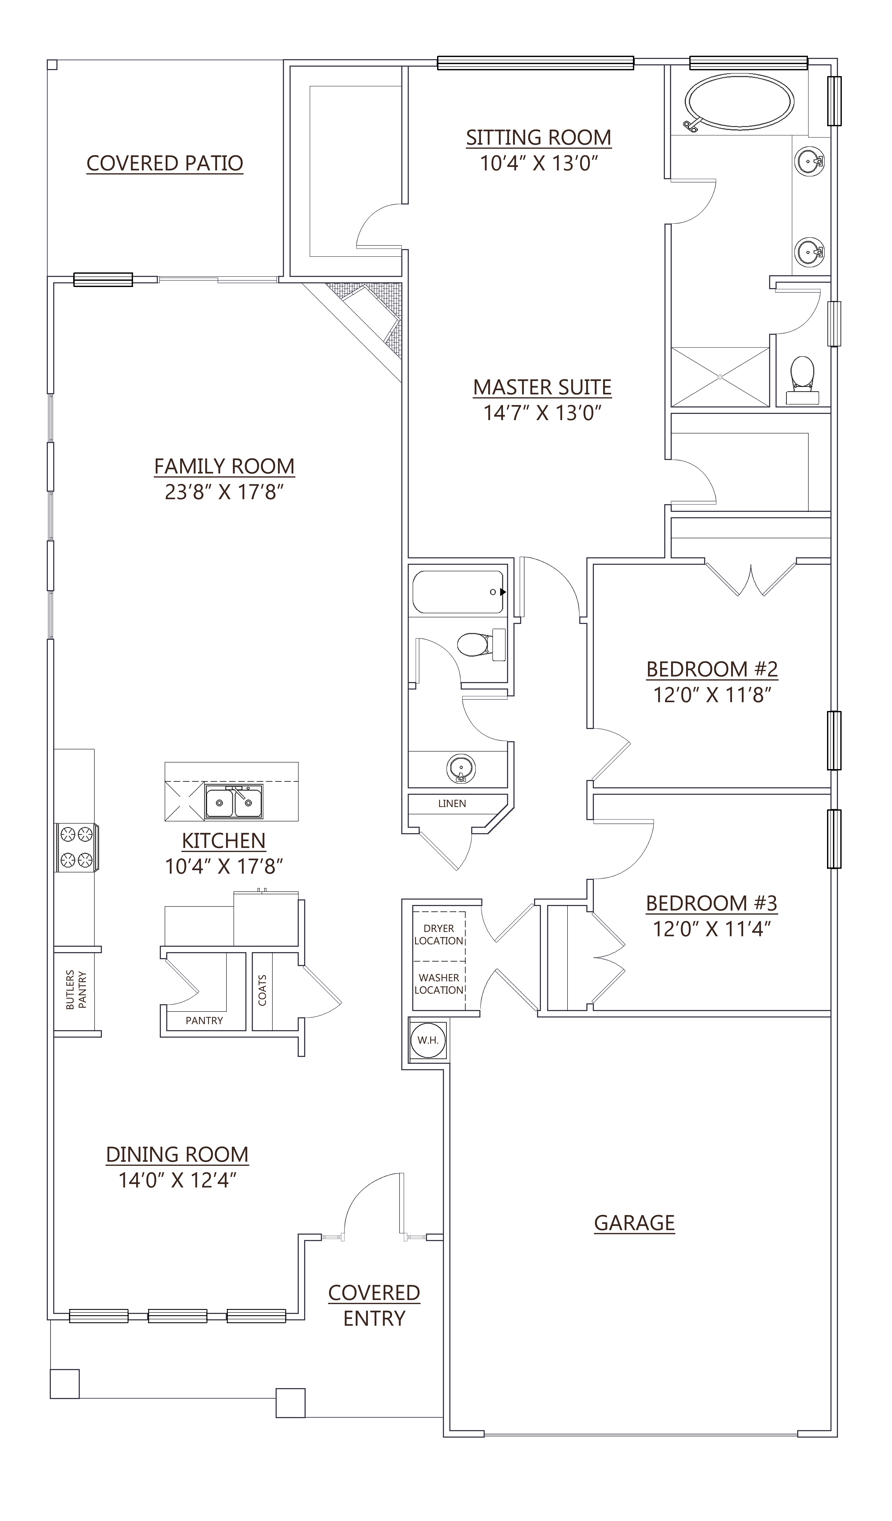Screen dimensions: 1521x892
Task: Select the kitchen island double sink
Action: pos(234,802)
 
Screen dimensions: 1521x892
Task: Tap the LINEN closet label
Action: pos(452,803)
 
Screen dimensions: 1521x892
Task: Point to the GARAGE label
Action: pos(634,1222)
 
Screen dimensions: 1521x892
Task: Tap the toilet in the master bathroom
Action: pos(802,379)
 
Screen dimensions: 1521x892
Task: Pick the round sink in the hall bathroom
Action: pos(461,768)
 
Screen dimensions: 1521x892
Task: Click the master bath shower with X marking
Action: pos(720,377)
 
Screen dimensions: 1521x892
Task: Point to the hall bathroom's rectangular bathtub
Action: pos(458,592)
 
